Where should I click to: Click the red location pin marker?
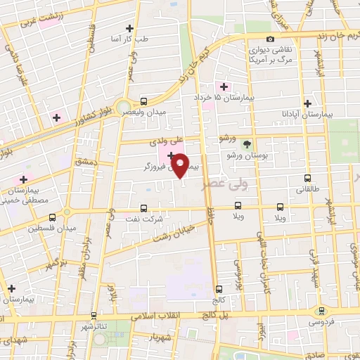point(181,165)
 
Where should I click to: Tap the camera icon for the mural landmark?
point(271,39)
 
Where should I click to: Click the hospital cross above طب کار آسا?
point(129,28)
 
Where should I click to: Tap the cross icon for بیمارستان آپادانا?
point(307,103)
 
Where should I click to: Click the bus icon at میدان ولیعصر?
point(144,101)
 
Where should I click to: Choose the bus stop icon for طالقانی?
point(307,178)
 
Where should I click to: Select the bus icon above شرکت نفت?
point(144,208)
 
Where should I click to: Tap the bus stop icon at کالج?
point(219,288)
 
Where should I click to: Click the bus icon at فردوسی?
point(322,310)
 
